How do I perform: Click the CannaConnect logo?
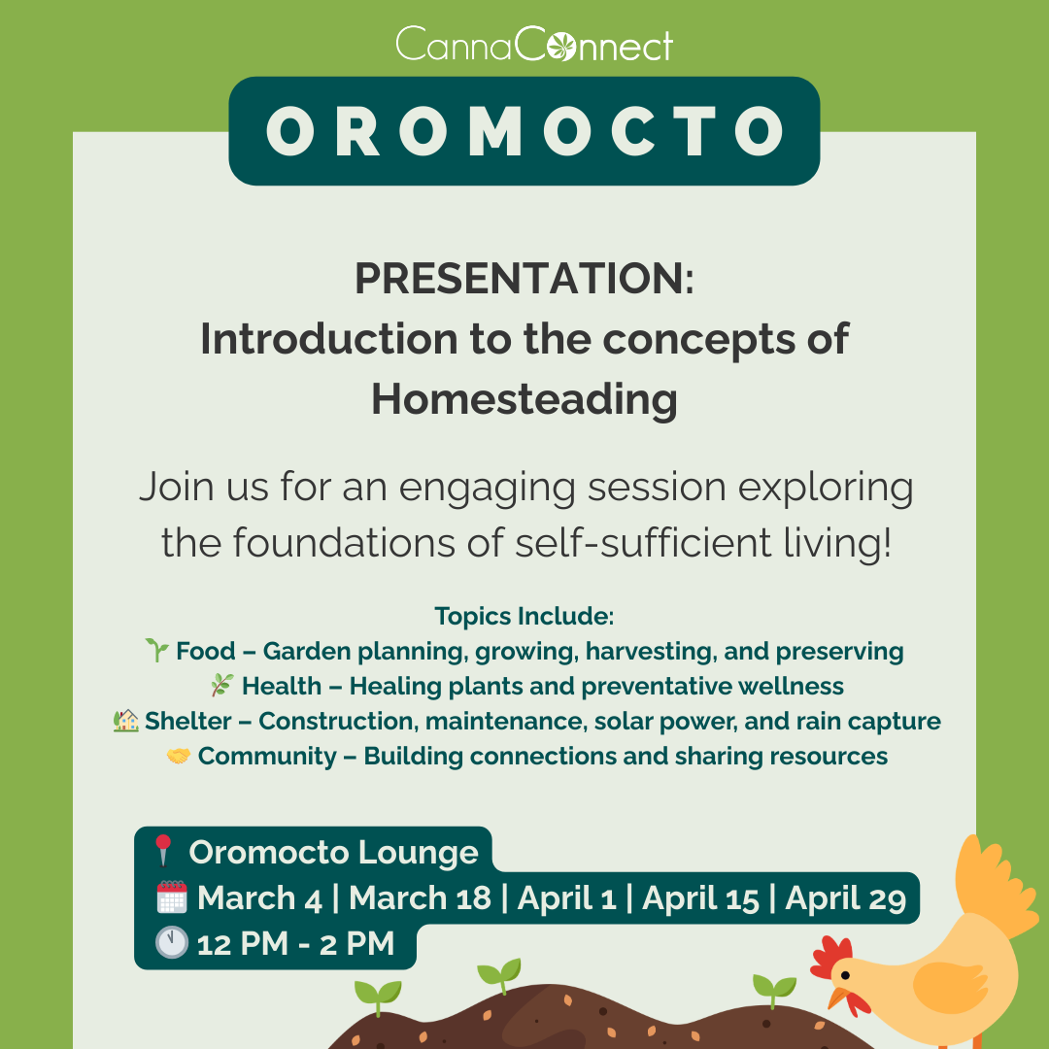point(534,44)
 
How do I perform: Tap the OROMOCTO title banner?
point(524,131)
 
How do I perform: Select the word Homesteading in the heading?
point(524,400)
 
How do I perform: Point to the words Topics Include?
point(524,616)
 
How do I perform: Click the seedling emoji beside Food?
point(157,650)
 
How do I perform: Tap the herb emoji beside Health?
point(222,685)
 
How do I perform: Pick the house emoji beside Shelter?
point(125,721)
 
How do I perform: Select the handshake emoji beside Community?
point(178,756)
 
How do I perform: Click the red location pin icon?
point(163,850)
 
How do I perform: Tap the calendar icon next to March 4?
point(172,897)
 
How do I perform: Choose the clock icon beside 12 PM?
point(172,942)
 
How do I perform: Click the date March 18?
point(421,897)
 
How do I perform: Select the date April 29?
point(846,897)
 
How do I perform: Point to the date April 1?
point(566,897)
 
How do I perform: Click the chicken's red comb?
point(829,958)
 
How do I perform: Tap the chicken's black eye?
point(846,975)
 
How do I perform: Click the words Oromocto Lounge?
point(334,852)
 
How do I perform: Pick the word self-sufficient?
point(644,542)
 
